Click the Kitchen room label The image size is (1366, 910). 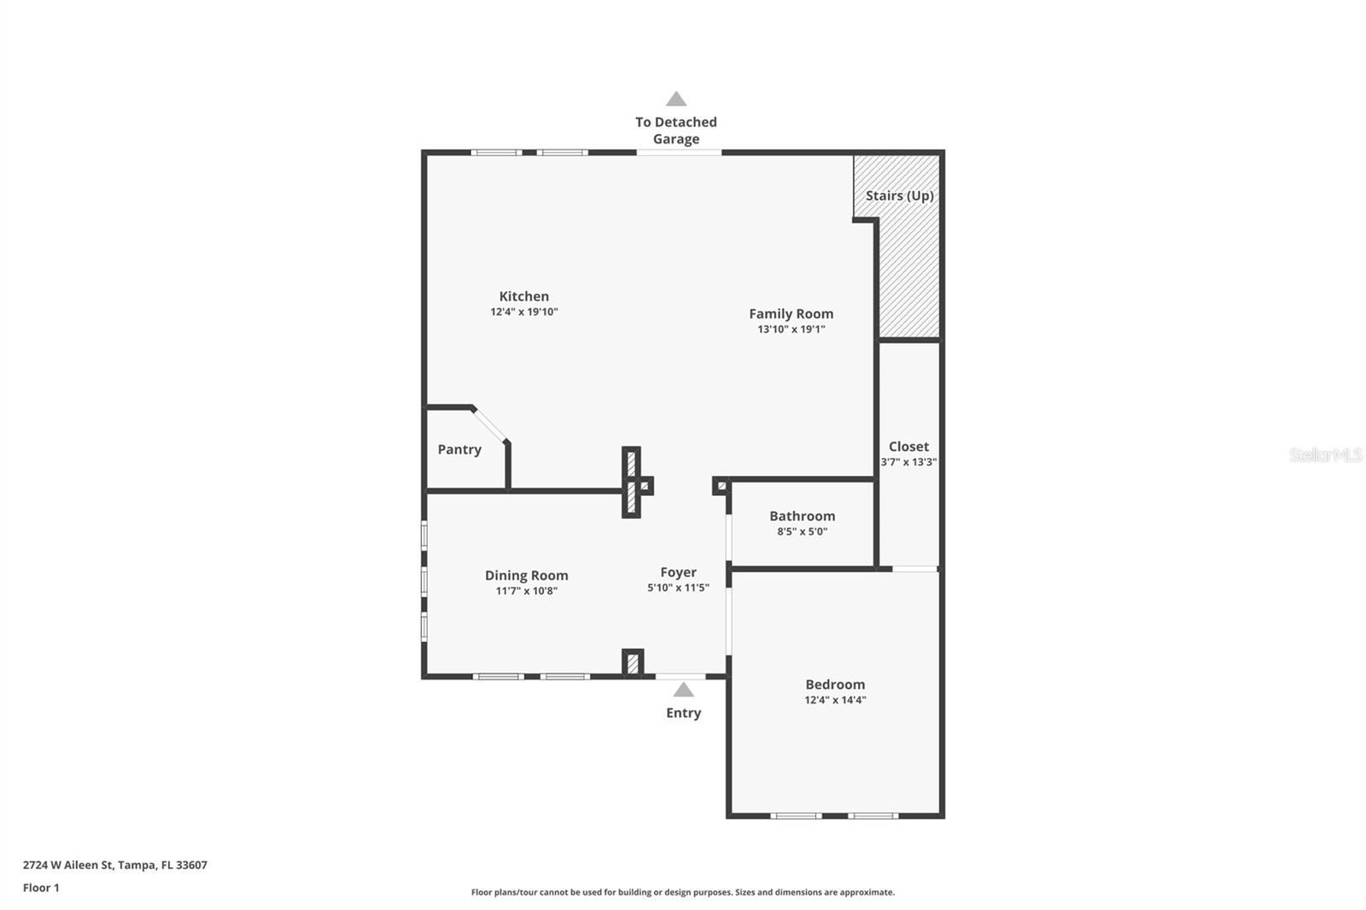pyautogui.click(x=523, y=296)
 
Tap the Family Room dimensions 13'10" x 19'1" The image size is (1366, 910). pyautogui.click(x=791, y=330)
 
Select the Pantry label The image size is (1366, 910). pyautogui.click(x=459, y=450)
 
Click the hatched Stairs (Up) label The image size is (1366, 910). pyautogui.click(x=899, y=195)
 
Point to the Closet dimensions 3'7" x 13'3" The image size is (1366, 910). pyautogui.click(x=908, y=462)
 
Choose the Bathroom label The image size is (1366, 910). pyautogui.click(x=802, y=516)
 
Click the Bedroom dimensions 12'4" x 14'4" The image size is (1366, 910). pyautogui.click(x=835, y=700)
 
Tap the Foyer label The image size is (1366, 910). pyautogui.click(x=678, y=572)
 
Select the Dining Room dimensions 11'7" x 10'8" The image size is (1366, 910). pyautogui.click(x=526, y=591)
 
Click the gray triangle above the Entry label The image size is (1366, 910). pyautogui.click(x=683, y=690)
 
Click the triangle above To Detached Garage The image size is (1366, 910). pyautogui.click(x=676, y=99)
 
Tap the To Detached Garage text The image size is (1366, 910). pyautogui.click(x=676, y=131)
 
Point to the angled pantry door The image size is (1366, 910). pyautogui.click(x=490, y=425)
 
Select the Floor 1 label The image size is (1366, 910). pyautogui.click(x=41, y=888)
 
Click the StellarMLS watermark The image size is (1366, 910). pyautogui.click(x=1325, y=455)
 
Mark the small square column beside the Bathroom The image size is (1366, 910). pyautogui.click(x=721, y=486)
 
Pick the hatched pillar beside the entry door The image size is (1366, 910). pyautogui.click(x=632, y=663)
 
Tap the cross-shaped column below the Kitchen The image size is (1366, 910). pyautogui.click(x=633, y=483)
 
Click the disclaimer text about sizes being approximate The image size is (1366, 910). pyautogui.click(x=682, y=892)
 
